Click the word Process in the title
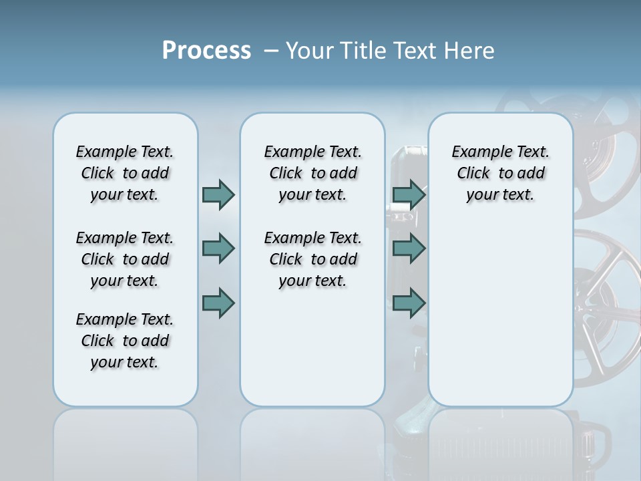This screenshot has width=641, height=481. [x=206, y=51]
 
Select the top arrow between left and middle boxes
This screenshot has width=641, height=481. [x=218, y=194]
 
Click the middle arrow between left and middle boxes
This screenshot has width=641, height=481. [x=218, y=249]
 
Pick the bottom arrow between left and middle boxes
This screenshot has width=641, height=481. [x=218, y=303]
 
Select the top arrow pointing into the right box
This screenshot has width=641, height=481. [x=409, y=194]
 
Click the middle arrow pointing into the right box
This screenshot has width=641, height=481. [x=409, y=249]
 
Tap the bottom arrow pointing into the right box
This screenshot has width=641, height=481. [x=409, y=303]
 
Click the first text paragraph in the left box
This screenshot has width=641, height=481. [x=125, y=173]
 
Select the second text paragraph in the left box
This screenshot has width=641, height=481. [x=125, y=259]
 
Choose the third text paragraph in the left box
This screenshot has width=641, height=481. [x=125, y=341]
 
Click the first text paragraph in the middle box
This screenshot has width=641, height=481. [x=312, y=173]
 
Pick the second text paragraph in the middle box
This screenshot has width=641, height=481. [x=312, y=259]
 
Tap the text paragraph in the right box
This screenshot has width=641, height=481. [x=500, y=173]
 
